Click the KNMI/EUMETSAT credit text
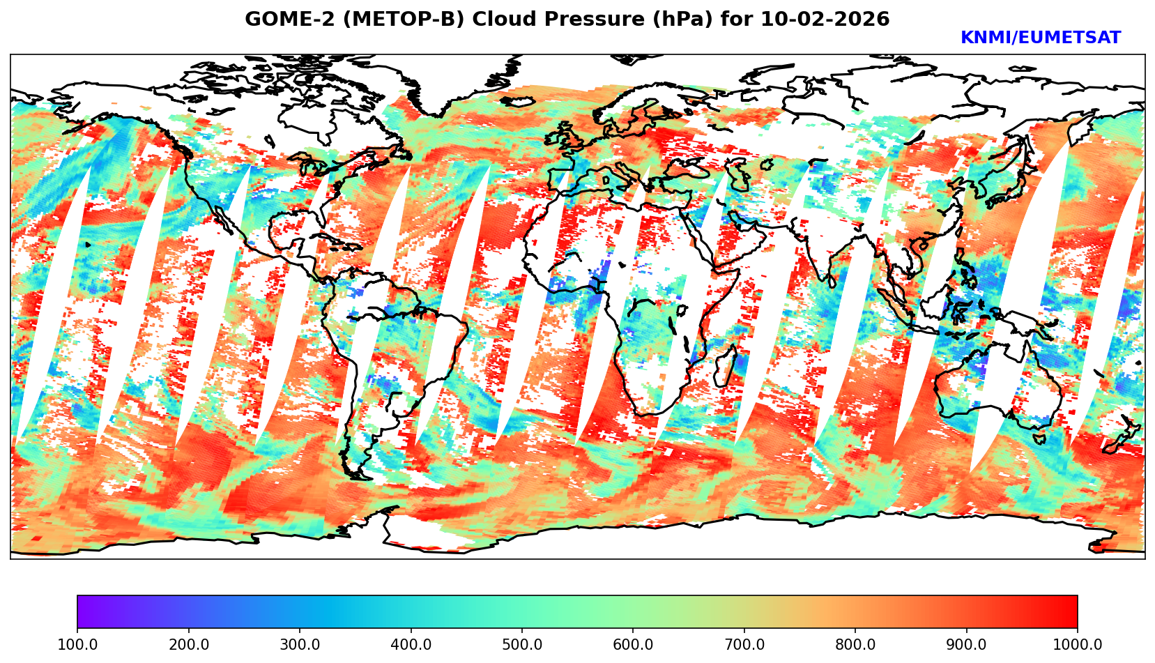tap(1040, 38)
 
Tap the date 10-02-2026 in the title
tap(825, 20)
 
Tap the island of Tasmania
tap(1039, 439)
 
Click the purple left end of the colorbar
tap(82, 612)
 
